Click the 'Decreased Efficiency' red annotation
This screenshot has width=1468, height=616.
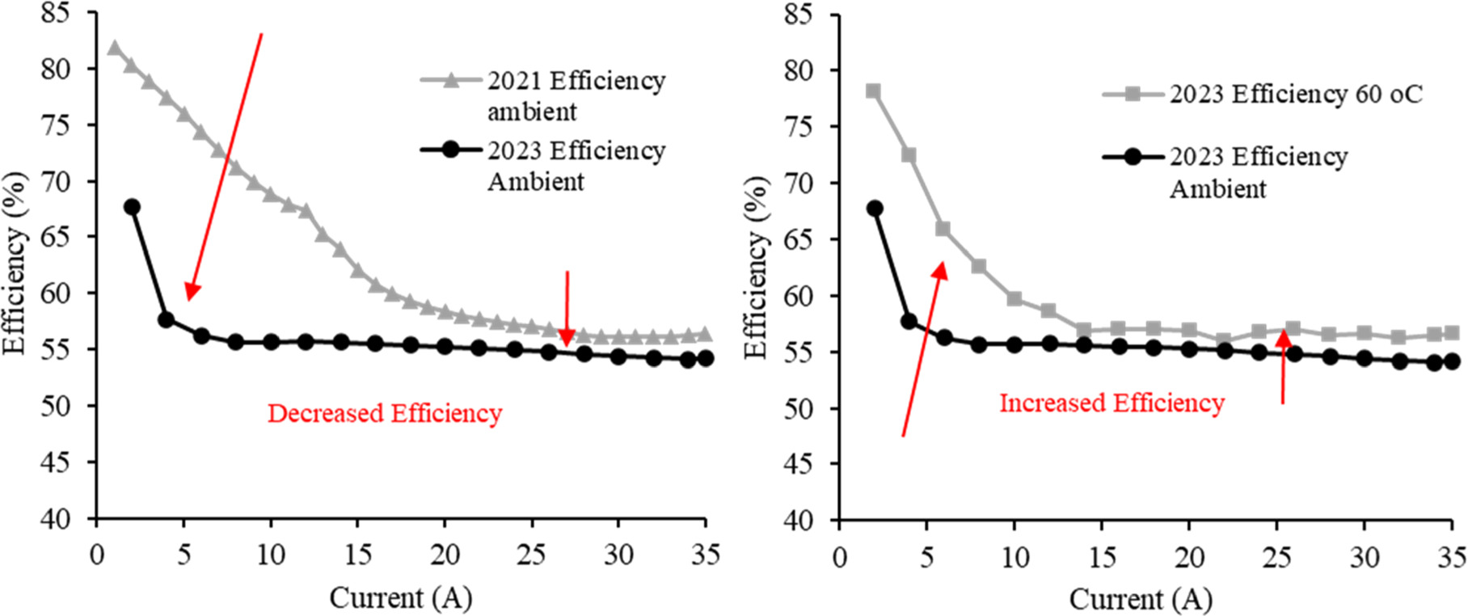(x=385, y=413)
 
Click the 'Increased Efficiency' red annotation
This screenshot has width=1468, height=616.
(x=1112, y=403)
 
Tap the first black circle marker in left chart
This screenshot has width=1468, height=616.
(x=132, y=207)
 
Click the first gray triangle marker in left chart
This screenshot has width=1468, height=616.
(x=114, y=49)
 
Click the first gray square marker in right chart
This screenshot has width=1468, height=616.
(x=873, y=91)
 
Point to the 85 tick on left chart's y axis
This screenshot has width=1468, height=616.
(x=57, y=13)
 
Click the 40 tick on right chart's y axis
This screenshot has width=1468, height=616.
(x=799, y=519)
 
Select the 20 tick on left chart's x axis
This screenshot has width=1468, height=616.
(x=444, y=555)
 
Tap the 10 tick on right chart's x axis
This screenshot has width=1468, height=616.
(x=1015, y=557)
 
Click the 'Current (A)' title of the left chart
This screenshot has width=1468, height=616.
(x=400, y=598)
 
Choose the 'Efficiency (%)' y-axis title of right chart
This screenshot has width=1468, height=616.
(x=756, y=267)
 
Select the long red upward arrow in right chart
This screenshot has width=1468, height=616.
(x=922, y=348)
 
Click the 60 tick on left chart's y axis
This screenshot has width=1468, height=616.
(x=57, y=293)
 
